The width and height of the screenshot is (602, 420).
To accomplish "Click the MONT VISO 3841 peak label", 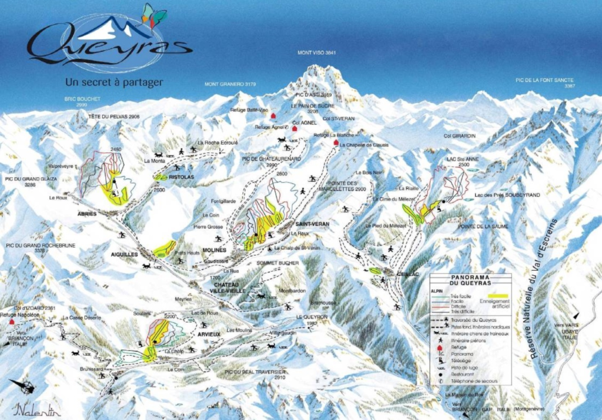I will pyautogui.click(x=316, y=53).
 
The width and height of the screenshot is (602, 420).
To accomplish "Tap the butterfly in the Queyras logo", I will pyautogui.click(x=154, y=16).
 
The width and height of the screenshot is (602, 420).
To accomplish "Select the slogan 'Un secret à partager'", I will pyautogui.click(x=114, y=82).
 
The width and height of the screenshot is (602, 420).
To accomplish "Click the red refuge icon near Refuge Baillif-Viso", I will pyautogui.click(x=273, y=116).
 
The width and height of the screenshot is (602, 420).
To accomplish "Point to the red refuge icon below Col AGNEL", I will pyautogui.click(x=295, y=128).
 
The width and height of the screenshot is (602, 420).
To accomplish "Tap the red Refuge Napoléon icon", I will pyautogui.click(x=11, y=322).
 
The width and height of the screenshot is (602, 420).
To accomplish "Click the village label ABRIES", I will pyautogui.click(x=86, y=214).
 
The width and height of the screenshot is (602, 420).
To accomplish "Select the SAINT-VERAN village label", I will pyautogui.click(x=312, y=224).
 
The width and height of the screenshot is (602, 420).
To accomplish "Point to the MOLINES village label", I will pyautogui.click(x=216, y=250).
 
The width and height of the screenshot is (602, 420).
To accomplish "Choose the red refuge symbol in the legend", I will pyautogui.click(x=440, y=347).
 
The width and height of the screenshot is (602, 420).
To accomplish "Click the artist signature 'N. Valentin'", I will pyautogui.click(x=39, y=409).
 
